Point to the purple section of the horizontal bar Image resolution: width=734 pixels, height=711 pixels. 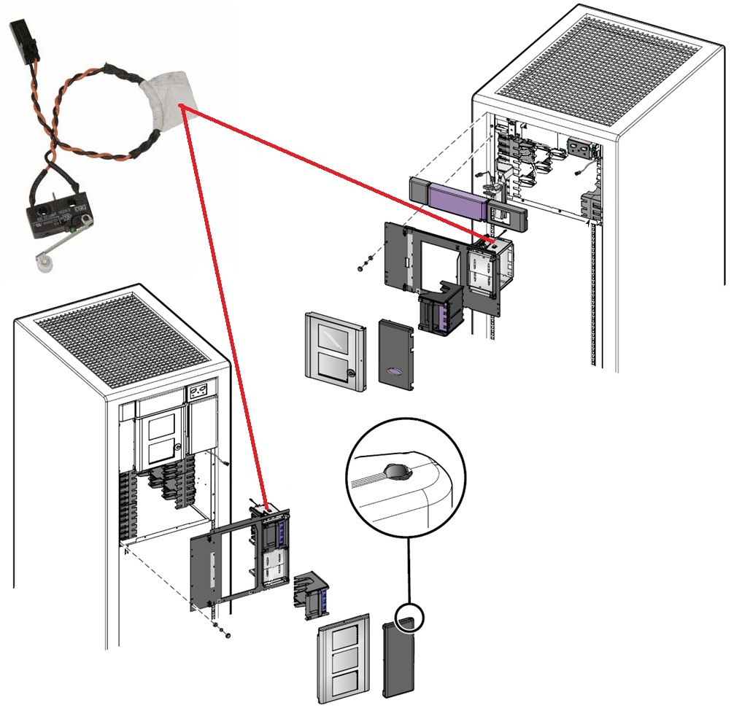click(459, 201)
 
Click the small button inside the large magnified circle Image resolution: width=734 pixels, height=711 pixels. click(398, 472)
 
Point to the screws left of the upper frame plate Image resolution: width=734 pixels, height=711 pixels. click(365, 263)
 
